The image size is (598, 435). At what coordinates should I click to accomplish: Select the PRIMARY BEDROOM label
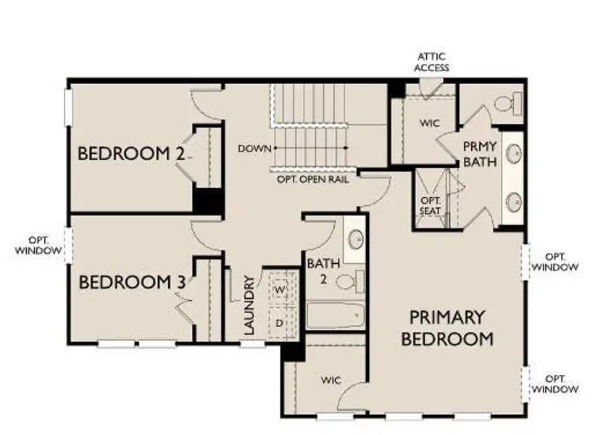(x=448, y=328)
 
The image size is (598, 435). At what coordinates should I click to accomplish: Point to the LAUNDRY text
(x=249, y=304)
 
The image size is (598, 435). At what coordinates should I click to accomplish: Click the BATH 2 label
(x=322, y=270)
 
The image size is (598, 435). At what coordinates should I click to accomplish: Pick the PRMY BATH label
(x=480, y=154)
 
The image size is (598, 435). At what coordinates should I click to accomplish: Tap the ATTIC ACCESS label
(x=433, y=62)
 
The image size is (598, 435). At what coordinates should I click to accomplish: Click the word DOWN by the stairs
(x=254, y=149)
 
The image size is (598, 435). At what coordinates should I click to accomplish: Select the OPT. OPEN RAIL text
(x=312, y=178)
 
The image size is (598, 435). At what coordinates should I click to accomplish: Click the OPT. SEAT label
(x=431, y=206)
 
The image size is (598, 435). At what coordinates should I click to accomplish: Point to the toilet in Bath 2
(x=349, y=281)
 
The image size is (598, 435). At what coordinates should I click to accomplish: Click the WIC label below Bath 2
(x=331, y=380)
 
